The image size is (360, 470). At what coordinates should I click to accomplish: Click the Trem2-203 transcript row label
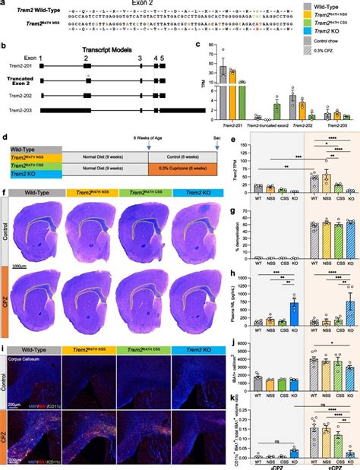(x=20, y=112)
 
